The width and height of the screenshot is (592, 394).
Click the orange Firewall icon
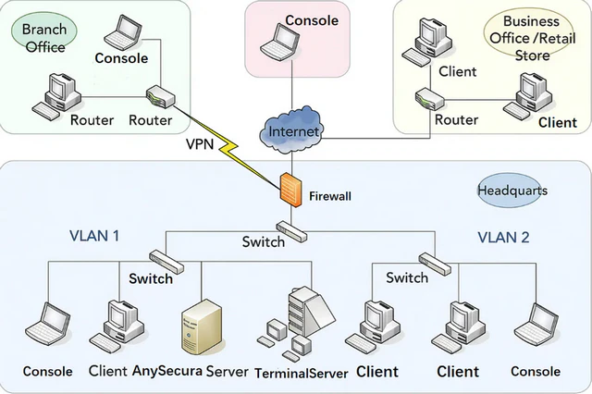tap(290, 189)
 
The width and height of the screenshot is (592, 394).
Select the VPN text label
tap(201, 144)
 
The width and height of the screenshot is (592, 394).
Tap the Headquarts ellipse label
tap(512, 191)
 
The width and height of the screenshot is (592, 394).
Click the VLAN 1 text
tap(95, 236)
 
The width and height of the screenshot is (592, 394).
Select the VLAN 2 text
tap(503, 237)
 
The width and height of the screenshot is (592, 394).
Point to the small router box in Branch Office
tap(158, 96)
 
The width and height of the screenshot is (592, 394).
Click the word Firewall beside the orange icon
tap(330, 197)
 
